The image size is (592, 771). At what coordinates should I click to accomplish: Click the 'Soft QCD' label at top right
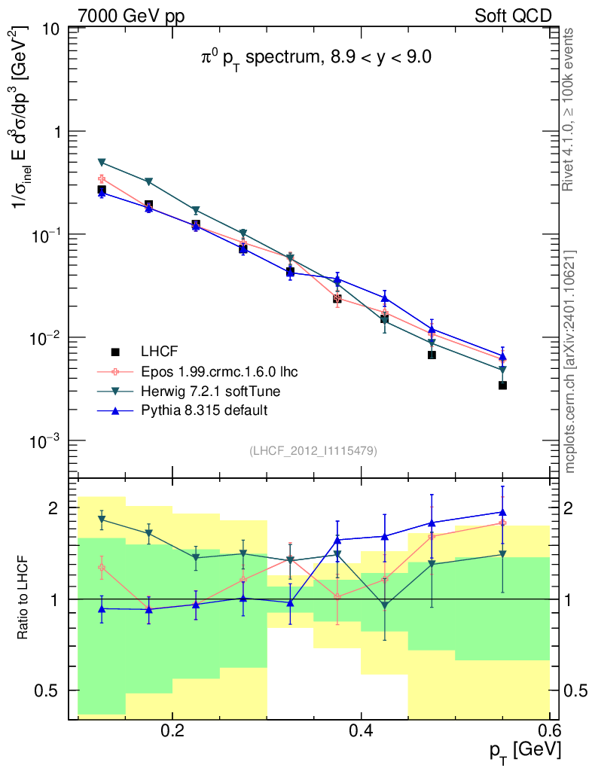[x=513, y=16]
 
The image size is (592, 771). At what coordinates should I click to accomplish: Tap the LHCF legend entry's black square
[x=116, y=352]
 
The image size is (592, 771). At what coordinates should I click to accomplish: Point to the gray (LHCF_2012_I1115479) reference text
[x=313, y=450]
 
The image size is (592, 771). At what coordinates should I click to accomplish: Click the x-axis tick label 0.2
[x=172, y=730]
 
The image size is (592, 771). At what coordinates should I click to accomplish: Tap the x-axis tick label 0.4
[x=362, y=730]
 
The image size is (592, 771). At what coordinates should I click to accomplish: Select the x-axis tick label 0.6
[x=550, y=730]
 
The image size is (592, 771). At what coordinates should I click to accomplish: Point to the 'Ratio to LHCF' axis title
[x=25, y=599]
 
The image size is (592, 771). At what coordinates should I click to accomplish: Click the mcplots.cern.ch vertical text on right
[x=570, y=361]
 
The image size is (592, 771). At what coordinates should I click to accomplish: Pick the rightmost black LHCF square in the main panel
[x=502, y=385]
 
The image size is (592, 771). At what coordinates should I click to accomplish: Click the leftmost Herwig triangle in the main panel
[x=102, y=162]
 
